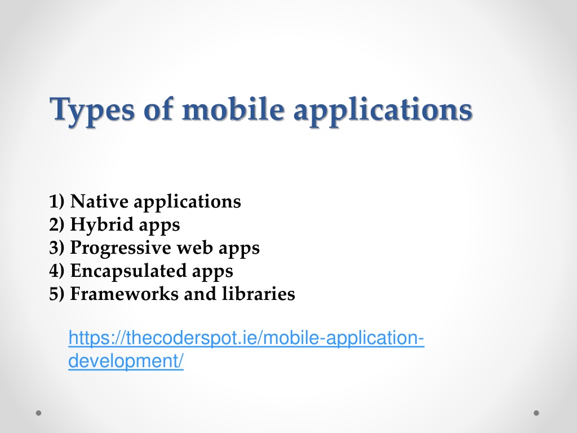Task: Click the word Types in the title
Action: (92, 111)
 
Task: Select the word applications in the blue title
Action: (383, 111)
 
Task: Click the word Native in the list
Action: (99, 201)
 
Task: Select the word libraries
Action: (258, 294)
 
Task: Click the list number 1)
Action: (57, 201)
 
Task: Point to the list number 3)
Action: (57, 248)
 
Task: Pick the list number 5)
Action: (57, 294)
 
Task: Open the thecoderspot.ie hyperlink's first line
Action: (246, 338)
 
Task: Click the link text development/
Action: (126, 361)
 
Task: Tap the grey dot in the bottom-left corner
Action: (39, 413)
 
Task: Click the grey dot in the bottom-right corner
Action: (536, 413)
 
